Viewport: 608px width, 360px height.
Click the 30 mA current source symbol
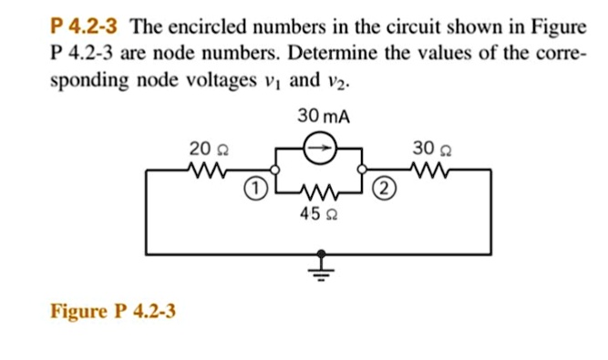[x=320, y=149]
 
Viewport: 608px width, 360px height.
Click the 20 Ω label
[x=201, y=148]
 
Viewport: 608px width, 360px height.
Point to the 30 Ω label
[x=428, y=148]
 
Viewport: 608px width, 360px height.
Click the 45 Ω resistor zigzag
[x=320, y=193]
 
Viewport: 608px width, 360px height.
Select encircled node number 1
[x=256, y=190]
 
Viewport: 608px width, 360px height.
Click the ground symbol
[x=320, y=265]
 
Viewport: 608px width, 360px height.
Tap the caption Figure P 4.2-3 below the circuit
[x=114, y=313]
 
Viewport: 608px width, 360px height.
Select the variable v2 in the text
[x=337, y=82]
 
